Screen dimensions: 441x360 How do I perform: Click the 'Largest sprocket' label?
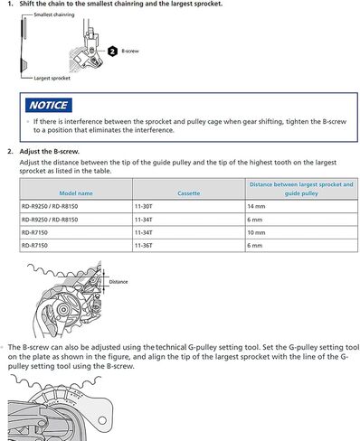(x=41, y=78)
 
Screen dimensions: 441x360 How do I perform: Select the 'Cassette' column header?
(x=189, y=193)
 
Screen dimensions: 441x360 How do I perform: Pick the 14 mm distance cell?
(x=256, y=207)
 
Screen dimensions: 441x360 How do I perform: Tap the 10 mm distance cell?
(x=256, y=232)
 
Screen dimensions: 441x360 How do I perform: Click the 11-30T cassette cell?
(x=145, y=207)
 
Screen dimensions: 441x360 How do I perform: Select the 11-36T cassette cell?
(x=145, y=245)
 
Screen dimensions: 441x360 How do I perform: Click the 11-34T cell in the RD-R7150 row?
(x=145, y=232)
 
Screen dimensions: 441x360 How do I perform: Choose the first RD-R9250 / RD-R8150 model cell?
(x=52, y=207)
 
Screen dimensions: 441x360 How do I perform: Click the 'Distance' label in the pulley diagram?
(x=118, y=281)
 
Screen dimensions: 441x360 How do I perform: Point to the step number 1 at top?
(x=10, y=5)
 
